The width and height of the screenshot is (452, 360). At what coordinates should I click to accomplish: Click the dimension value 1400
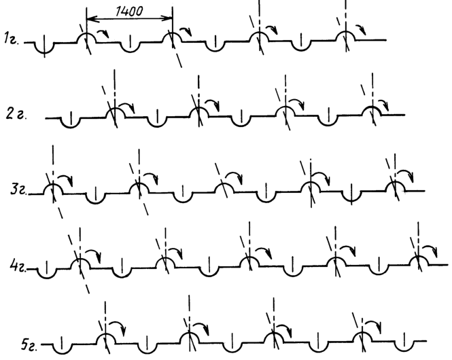[x=129, y=12]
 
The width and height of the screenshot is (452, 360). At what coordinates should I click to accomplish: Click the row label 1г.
[x=12, y=38]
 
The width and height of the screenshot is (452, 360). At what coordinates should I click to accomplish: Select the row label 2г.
[x=16, y=114]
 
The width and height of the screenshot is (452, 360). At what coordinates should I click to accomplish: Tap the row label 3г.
[x=19, y=190]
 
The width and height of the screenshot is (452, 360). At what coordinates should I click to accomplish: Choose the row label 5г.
[x=29, y=344]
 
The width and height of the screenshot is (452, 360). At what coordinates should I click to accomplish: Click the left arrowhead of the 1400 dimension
[x=90, y=19]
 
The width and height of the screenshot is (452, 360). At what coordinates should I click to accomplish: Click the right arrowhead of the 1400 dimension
[x=169, y=18]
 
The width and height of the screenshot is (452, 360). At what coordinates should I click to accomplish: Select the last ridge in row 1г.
[x=346, y=32]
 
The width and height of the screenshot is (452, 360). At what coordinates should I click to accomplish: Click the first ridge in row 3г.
[x=53, y=185]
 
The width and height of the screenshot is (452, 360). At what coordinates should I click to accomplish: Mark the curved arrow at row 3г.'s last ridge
[x=406, y=174]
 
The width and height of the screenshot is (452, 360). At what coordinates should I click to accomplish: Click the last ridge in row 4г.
[x=419, y=257]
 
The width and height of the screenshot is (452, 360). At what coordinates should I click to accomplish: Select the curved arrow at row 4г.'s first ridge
[x=94, y=253]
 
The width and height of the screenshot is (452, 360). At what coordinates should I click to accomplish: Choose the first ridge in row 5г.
[x=105, y=336]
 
